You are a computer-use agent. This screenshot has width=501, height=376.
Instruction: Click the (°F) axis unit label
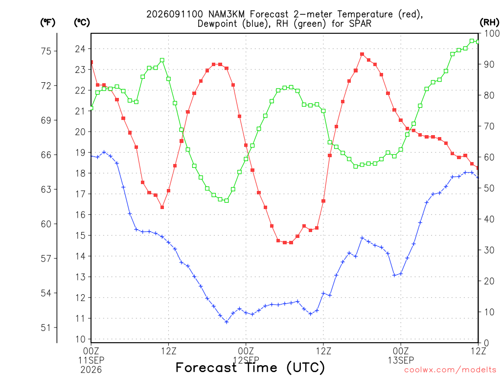47,23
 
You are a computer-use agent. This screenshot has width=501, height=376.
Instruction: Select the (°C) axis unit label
82,23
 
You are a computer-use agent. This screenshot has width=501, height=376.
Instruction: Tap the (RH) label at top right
489,23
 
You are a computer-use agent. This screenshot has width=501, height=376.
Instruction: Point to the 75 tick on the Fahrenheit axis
46,51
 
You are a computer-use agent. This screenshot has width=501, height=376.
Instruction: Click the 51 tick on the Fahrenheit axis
46,328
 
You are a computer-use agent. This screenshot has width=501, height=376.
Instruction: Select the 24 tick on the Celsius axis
80,49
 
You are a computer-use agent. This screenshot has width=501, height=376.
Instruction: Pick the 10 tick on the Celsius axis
80,339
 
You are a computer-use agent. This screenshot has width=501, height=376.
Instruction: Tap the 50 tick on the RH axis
489,188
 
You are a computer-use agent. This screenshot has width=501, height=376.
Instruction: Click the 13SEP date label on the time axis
401,360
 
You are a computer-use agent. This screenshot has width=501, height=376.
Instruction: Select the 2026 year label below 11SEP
91,370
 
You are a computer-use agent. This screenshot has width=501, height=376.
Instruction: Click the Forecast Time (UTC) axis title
250,368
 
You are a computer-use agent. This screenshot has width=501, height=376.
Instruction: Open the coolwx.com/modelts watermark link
450,370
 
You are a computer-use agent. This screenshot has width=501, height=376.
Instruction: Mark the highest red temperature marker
362,54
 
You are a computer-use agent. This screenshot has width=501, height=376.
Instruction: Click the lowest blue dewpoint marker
227,322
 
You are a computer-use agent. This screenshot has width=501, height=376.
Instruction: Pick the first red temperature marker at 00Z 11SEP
91,62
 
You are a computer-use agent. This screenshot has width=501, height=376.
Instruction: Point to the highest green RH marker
472,41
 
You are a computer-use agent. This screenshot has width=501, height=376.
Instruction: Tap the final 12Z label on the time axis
478,351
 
